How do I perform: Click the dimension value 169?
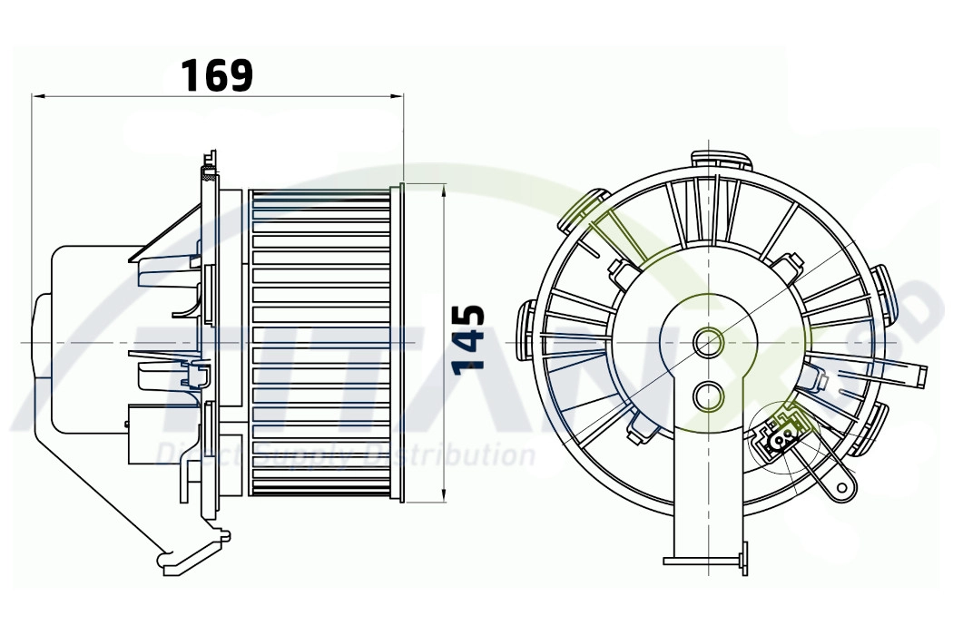(x=217, y=75)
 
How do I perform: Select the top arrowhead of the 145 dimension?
(x=443, y=190)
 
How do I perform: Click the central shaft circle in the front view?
(x=708, y=342)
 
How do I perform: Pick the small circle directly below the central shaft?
(x=708, y=396)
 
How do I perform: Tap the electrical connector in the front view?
(x=779, y=436)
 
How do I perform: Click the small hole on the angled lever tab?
(x=843, y=487)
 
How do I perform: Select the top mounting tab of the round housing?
(x=722, y=161)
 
